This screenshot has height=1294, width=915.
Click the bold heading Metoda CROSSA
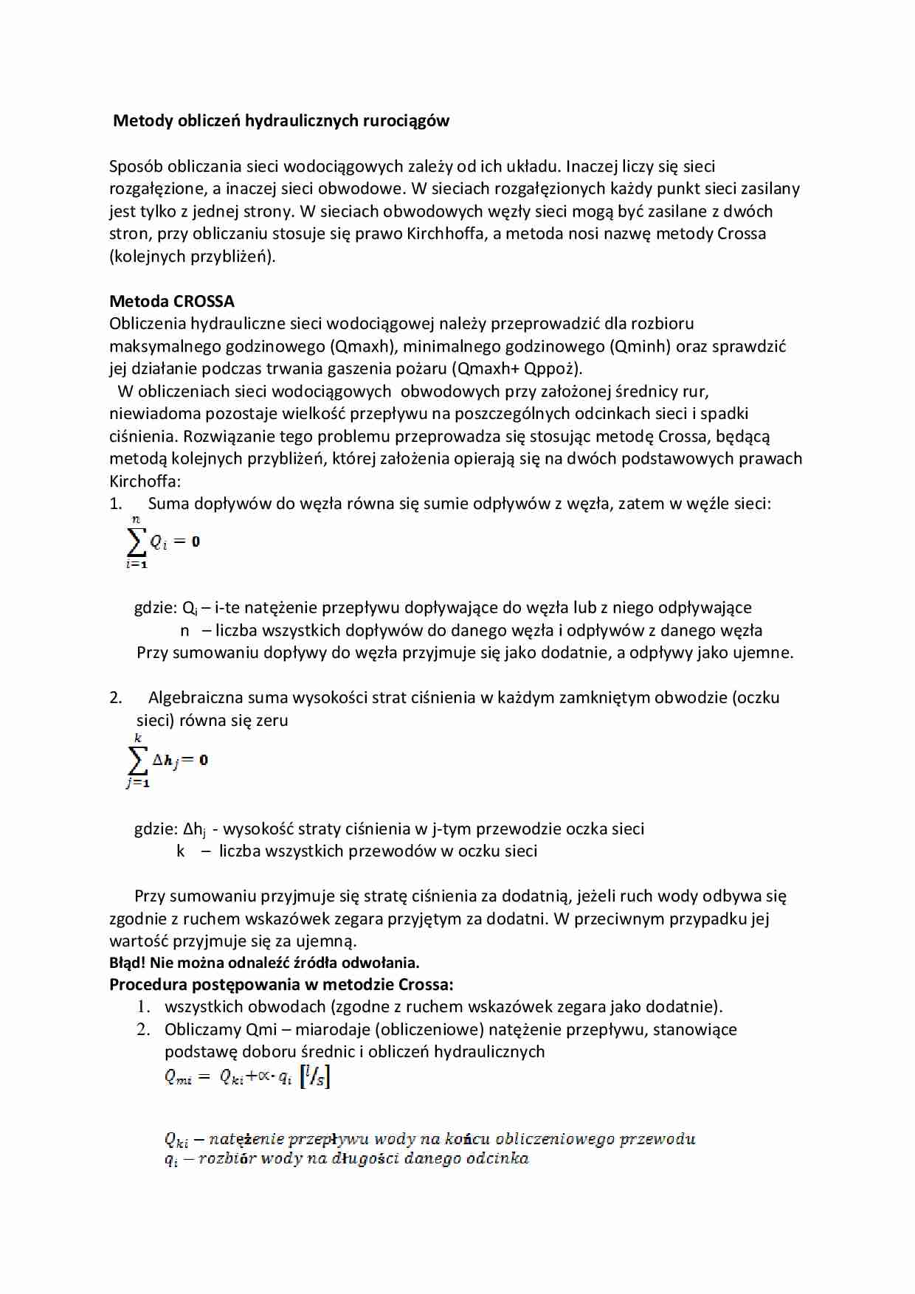coord(172,301)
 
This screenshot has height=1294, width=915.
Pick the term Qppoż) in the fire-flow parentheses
coord(553,369)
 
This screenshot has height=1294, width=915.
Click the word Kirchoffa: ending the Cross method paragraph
coord(145,481)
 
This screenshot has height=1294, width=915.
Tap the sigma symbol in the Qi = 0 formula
coord(137,542)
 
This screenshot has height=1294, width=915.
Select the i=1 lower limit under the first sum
coord(137,564)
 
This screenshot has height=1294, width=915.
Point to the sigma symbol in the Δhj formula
coord(137,760)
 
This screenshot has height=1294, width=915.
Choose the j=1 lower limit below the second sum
coord(138,783)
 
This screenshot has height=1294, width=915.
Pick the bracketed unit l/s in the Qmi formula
coord(315,1077)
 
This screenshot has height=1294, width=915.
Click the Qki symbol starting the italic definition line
coord(176,1140)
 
